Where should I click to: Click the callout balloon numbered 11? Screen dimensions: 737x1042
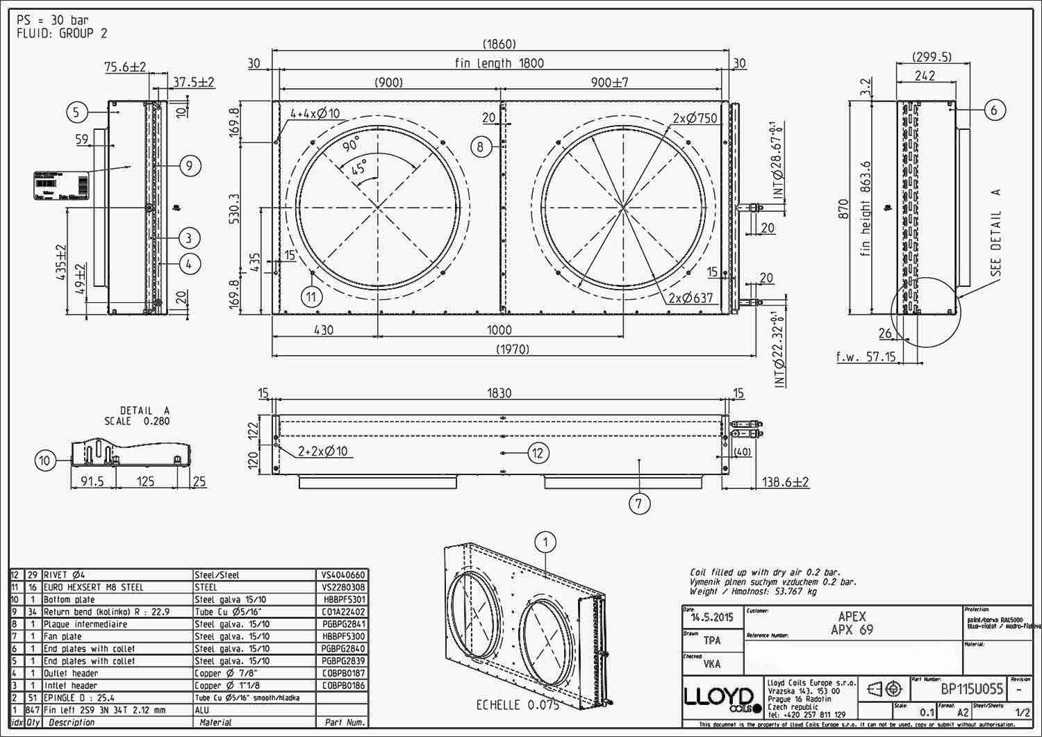tap(313, 297)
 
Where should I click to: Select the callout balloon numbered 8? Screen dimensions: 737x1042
tap(481, 147)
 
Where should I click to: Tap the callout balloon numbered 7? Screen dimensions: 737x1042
tap(639, 504)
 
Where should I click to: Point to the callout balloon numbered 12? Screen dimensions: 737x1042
tap(538, 453)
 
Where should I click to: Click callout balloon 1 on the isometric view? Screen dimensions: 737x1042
tap(546, 543)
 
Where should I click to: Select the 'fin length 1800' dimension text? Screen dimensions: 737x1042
tap(499, 63)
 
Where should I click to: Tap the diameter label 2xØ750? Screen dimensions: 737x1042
tap(695, 118)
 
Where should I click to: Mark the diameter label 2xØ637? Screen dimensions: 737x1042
tap(690, 298)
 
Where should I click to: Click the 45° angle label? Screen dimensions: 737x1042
tap(359, 169)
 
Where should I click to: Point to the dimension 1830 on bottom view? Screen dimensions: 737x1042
tap(499, 393)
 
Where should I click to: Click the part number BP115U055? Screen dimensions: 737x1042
tap(972, 689)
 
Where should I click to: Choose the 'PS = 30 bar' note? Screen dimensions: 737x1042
tap(53, 20)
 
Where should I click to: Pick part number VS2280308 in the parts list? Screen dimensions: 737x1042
tap(342, 587)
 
